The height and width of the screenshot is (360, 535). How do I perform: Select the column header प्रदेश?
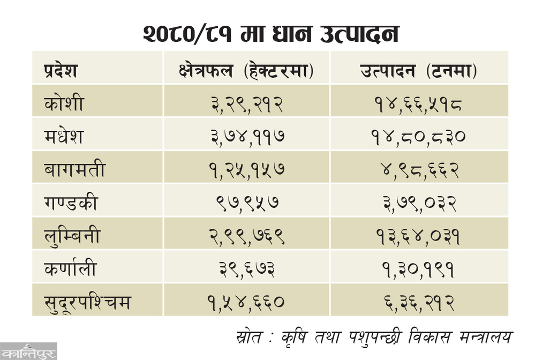[x=61, y=71]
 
